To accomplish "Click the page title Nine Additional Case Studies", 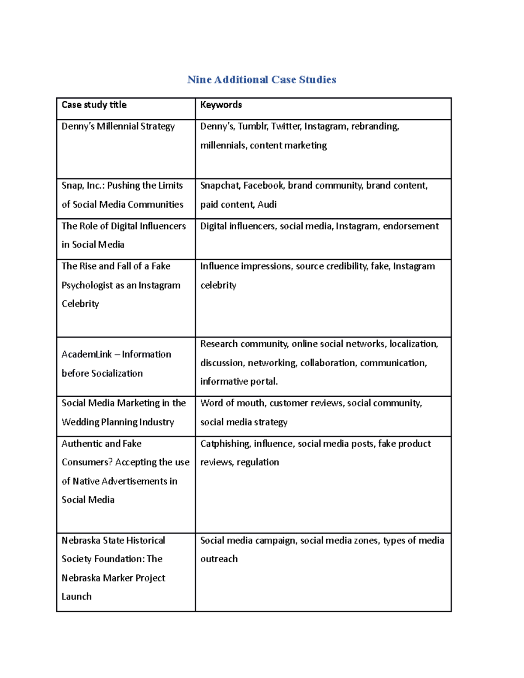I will pos(262,79).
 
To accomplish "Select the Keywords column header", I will pos(221,105).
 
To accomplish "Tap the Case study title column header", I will pos(94,105).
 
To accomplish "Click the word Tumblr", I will pos(252,127).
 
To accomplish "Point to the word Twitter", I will pos(286,127).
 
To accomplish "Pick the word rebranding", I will pos(375,127).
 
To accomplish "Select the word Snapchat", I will pos(220,186).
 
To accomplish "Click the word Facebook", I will pos(263,186).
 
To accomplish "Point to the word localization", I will pos(414,344).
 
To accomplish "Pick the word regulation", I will pos(258,462).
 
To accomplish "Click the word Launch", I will pos(76,597).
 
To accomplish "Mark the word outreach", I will pos(219,559).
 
